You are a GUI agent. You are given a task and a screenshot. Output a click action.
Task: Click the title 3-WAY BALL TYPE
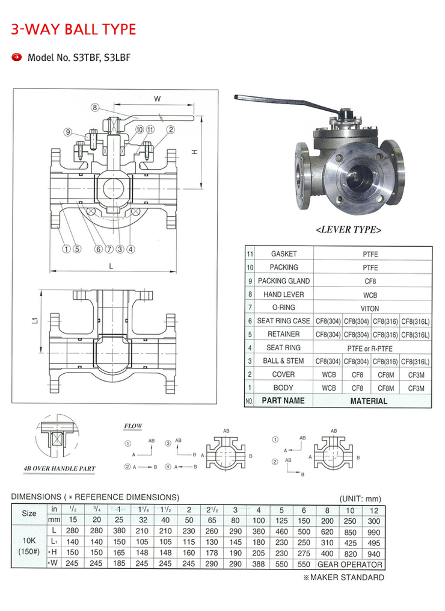pyautogui.click(x=73, y=29)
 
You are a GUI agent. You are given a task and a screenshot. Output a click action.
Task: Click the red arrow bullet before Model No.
pyautogui.click(x=17, y=58)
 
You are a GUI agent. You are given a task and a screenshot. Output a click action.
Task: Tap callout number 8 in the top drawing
pyautogui.click(x=95, y=108)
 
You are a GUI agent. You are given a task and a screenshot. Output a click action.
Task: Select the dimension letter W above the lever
pyautogui.click(x=157, y=99)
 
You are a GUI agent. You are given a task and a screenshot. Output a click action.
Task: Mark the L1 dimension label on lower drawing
pyautogui.click(x=35, y=321)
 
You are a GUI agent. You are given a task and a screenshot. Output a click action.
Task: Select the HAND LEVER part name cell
pyautogui.click(x=283, y=294)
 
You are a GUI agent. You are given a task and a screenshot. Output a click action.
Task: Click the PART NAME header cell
pyautogui.click(x=283, y=401)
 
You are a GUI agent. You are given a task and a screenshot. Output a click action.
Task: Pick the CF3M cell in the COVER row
pyautogui.click(x=416, y=374)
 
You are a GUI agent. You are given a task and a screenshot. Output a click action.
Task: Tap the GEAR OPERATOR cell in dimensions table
pyautogui.click(x=349, y=565)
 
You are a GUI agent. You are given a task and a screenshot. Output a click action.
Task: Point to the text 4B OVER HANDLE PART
pyautogui.click(x=60, y=468)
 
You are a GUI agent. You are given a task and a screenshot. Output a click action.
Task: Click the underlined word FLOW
pyautogui.click(x=133, y=426)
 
